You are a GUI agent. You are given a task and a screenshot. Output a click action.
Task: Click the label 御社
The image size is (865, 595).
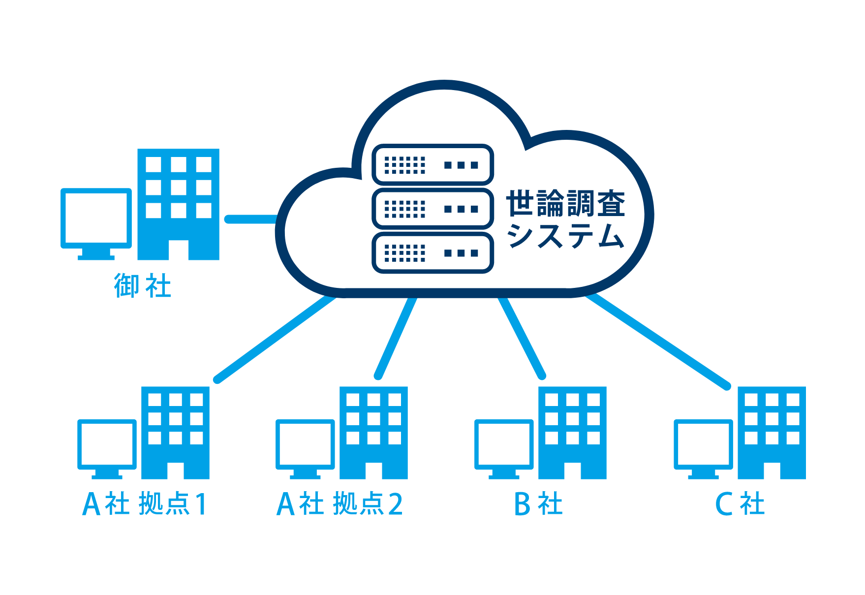pos(143,286)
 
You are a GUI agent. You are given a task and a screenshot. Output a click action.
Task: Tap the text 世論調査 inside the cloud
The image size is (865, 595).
pos(565,203)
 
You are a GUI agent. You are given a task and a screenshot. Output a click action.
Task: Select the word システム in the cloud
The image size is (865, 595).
pos(565,236)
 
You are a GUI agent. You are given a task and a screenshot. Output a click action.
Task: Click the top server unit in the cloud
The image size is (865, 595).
pos(432,164)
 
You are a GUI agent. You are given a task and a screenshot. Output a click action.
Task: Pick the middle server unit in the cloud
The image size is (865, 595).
pos(432,209)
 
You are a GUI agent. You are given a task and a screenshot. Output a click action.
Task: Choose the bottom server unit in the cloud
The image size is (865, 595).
pos(432,253)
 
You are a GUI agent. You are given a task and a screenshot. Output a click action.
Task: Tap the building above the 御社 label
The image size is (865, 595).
pos(178,204)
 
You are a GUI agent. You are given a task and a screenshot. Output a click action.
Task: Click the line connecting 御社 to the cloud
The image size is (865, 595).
pos(251,219)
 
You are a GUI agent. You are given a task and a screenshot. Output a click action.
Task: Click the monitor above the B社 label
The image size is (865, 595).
pos(504,447)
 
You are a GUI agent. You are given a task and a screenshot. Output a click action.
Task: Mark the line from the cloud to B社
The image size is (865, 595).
pos(522,339)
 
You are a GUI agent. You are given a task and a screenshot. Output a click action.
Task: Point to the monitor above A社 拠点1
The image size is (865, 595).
pos(107,447)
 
